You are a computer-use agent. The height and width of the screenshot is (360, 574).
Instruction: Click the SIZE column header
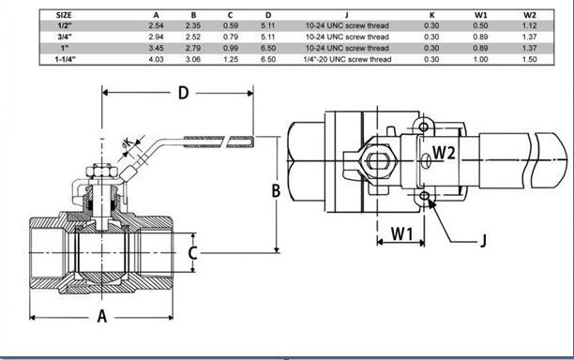64,15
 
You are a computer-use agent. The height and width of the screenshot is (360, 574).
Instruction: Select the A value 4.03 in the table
157,59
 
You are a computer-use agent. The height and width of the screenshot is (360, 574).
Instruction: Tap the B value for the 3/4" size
193,37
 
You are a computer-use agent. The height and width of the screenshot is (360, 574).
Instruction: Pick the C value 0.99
231,48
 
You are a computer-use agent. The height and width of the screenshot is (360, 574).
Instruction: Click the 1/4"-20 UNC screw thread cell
347,59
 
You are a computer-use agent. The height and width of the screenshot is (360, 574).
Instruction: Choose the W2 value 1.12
530,25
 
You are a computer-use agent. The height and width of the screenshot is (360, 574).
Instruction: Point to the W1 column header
481,15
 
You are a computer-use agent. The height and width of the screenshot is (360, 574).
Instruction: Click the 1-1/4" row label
65,59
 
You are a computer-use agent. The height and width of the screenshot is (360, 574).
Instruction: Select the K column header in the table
432,15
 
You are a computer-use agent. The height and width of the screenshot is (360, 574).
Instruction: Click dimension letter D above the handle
183,93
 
